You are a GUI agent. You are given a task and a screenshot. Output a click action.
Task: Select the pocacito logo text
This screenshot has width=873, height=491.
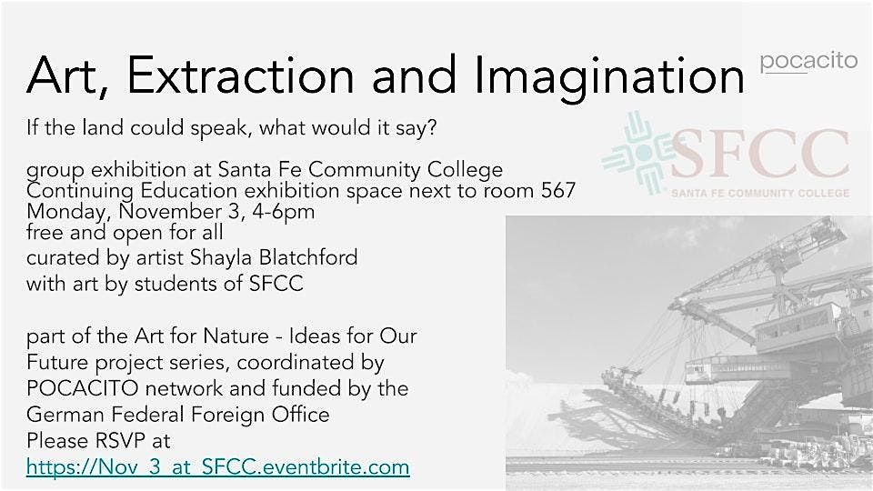coord(808,61)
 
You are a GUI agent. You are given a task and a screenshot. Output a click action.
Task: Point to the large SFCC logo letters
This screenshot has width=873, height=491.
coord(760,154)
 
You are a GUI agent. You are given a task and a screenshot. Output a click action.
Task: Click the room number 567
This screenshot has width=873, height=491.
coord(557,191)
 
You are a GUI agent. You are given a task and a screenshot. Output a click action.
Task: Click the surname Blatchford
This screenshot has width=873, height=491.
coord(308,257)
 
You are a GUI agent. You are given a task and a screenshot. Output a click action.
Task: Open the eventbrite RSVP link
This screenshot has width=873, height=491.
coord(217,466)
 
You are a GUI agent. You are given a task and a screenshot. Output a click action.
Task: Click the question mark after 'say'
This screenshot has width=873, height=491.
coord(431,127)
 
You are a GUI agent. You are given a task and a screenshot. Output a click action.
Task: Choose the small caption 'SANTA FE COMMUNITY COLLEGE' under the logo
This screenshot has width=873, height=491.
coord(760,193)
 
